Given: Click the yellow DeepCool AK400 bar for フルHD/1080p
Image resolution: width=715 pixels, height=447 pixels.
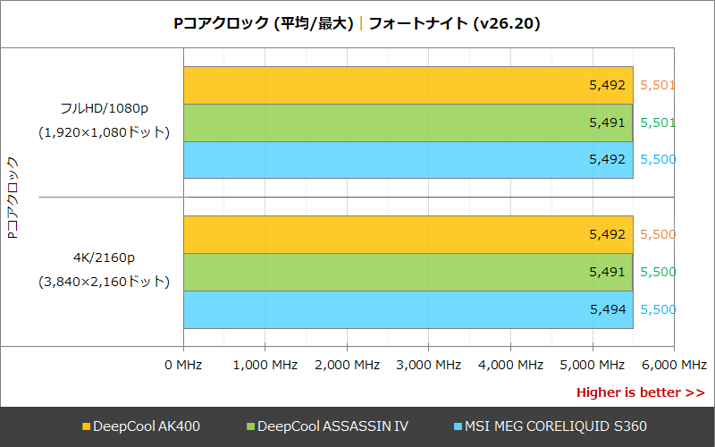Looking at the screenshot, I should [408, 86].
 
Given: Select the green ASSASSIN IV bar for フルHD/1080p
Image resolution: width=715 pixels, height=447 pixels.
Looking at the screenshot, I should [408, 122].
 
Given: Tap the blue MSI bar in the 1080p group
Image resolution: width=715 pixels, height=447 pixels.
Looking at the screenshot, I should [408, 160].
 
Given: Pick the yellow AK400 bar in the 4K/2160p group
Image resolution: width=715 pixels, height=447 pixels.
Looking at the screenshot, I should [408, 234].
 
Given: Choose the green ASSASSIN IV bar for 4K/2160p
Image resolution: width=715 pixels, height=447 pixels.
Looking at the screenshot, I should [408, 272].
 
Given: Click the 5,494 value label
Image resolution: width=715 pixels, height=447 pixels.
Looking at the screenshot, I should [607, 309].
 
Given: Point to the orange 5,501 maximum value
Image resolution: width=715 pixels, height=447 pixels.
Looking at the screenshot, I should [658, 86].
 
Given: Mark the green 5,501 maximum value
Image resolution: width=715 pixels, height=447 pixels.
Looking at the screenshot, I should [658, 122].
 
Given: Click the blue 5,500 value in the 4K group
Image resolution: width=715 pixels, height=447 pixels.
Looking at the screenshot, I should [658, 309].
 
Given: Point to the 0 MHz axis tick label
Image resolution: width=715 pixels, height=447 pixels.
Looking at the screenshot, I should [184, 365].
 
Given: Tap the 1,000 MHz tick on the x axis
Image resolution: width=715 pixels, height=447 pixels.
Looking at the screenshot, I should [265, 365].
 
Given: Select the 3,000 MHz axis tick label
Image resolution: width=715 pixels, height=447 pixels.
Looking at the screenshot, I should [429, 365].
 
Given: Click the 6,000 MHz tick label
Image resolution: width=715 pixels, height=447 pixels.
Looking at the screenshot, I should [674, 365].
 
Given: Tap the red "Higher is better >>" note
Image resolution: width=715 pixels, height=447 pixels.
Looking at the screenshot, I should [640, 392].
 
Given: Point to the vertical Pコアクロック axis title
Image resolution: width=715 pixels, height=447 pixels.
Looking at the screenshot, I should [13, 197].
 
